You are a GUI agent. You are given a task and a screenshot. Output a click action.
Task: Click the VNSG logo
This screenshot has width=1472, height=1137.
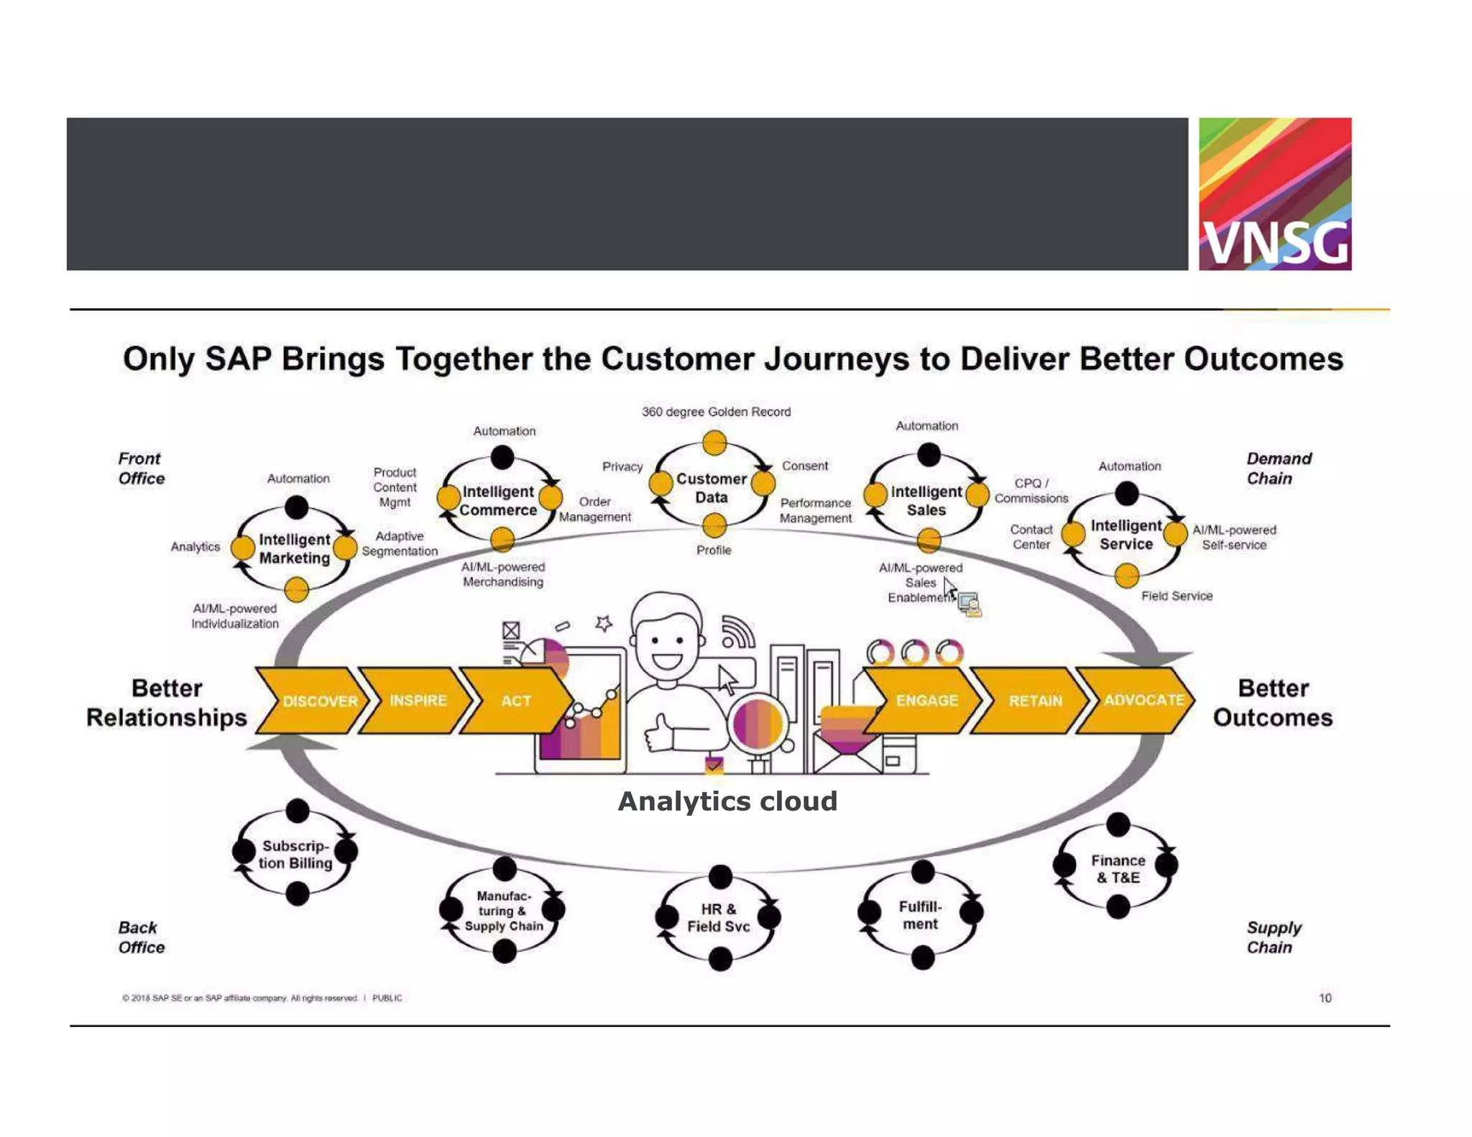coord(1274,194)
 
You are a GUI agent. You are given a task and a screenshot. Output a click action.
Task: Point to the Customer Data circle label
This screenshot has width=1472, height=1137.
coord(711,488)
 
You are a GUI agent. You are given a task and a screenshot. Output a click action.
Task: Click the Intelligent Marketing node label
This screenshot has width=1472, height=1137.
coord(294,548)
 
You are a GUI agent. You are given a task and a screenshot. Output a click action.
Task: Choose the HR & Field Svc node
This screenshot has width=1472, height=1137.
coord(718,918)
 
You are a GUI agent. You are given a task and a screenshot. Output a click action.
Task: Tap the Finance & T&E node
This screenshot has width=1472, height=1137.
coord(1118,868)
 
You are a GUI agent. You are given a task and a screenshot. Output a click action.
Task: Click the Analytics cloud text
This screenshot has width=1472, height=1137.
coord(727,801)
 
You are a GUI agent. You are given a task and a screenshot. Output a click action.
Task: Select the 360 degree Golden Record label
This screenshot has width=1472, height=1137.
coord(716,412)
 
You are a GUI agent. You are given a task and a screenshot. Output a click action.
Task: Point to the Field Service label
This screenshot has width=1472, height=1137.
coord(1177,596)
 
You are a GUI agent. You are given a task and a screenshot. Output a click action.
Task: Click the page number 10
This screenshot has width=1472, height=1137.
coord(1325,998)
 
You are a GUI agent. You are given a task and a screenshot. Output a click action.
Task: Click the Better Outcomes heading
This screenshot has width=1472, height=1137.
coord(1272,703)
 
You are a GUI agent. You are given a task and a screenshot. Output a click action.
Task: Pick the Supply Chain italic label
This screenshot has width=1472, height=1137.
coord(1273,937)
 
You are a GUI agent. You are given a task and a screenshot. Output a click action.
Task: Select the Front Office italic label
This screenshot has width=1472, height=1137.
coord(141,469)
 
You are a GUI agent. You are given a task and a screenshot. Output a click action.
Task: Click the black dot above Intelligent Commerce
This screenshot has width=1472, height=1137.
coord(502,456)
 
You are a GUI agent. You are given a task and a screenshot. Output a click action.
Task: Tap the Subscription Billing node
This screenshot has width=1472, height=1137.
coord(295,854)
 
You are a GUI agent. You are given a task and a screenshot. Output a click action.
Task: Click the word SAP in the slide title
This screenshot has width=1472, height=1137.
coord(238,359)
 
